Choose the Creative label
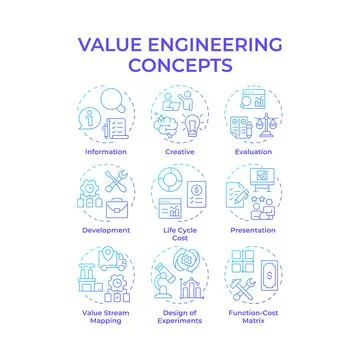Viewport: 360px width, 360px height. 181,153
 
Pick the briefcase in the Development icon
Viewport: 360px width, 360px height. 119,207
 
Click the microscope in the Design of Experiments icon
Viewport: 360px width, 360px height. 166,287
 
